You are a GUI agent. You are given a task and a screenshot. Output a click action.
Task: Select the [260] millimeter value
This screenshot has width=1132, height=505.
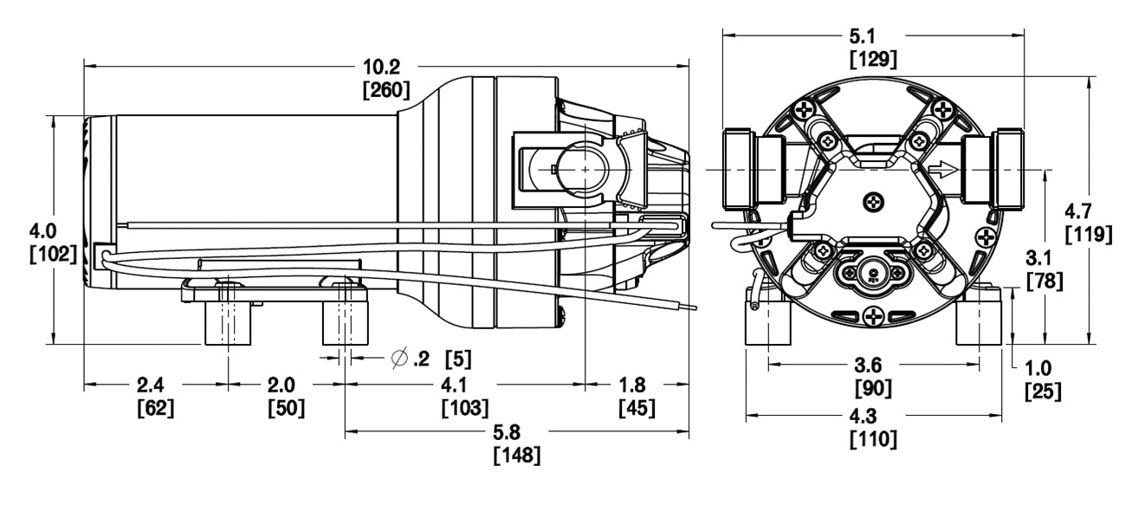[386, 90]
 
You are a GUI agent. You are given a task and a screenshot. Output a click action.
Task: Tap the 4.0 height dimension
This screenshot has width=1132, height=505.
[43, 231]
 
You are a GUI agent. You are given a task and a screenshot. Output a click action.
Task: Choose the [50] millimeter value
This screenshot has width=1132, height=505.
[286, 407]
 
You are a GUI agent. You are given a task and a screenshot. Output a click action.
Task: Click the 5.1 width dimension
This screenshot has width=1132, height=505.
[871, 37]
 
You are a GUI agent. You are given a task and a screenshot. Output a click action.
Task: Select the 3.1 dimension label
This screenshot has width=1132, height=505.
[1044, 258]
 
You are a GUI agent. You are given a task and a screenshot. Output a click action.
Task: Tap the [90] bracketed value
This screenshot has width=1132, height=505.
[873, 389]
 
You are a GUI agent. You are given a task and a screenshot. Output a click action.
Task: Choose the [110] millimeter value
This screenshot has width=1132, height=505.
[873, 439]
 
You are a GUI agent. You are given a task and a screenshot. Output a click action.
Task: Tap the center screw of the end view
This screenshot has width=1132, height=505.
[873, 202]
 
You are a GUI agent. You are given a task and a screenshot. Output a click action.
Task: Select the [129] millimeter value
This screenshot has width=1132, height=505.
[871, 59]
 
